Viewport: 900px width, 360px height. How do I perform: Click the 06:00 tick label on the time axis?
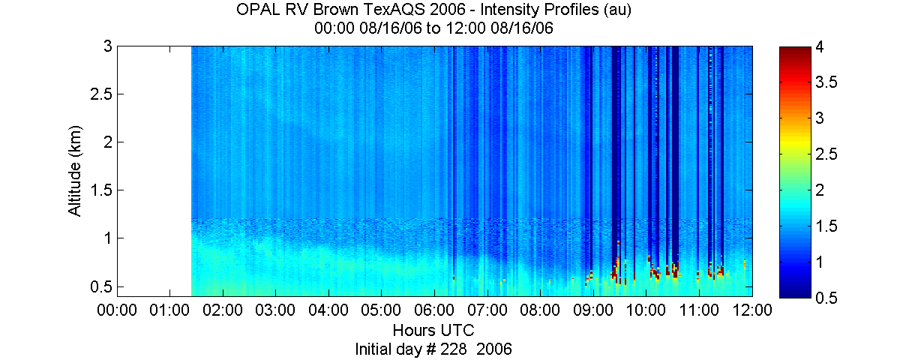click(x=434, y=310)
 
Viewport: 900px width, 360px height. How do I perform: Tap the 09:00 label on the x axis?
click(x=592, y=310)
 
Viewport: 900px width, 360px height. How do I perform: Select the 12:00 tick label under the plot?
click(x=751, y=310)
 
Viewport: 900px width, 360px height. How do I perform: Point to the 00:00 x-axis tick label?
click(x=117, y=310)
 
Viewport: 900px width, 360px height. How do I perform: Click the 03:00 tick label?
click(x=275, y=310)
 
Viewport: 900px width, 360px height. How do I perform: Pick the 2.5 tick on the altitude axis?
click(x=100, y=94)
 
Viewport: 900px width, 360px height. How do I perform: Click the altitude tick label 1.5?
click(x=100, y=190)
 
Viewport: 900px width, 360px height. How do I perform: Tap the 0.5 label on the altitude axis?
click(x=100, y=286)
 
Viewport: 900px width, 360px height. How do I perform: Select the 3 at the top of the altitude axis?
click(x=108, y=46)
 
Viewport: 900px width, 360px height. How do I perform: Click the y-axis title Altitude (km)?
click(x=75, y=171)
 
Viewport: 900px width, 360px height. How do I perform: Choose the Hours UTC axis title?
click(x=433, y=330)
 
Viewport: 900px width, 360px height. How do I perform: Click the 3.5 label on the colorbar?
click(x=826, y=82)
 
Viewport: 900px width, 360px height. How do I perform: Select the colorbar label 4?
click(x=820, y=47)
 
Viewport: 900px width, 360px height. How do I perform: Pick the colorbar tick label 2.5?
click(x=826, y=154)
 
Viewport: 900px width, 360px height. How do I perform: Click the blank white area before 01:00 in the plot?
click(x=154, y=171)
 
